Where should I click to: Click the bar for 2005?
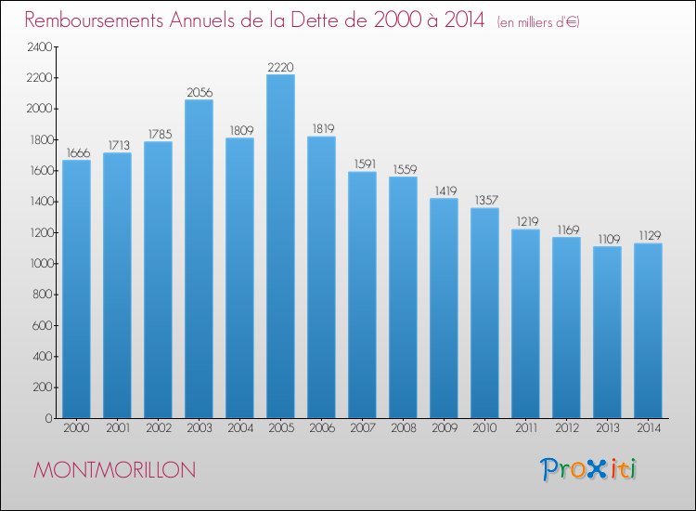pyautogui.click(x=280, y=246)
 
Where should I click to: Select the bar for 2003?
pyautogui.click(x=199, y=258)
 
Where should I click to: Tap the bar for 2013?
pyautogui.click(x=607, y=333)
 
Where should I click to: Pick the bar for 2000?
pyautogui.click(x=76, y=289)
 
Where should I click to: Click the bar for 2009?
pyautogui.click(x=444, y=308)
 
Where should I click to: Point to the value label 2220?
pyautogui.click(x=280, y=67)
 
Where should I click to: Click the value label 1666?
pyautogui.click(x=78, y=153)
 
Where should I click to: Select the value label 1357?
pyautogui.click(x=486, y=201)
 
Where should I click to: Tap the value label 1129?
pyautogui.click(x=650, y=235)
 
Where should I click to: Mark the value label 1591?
pyautogui.click(x=365, y=164)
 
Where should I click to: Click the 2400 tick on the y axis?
pyautogui.click(x=40, y=47)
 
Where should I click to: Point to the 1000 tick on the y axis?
pyautogui.click(x=41, y=264)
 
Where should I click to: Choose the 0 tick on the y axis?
pyautogui.click(x=49, y=419)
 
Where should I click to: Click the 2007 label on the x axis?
pyautogui.click(x=363, y=428)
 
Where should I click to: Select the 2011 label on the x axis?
pyautogui.click(x=526, y=428)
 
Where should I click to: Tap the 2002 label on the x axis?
pyautogui.click(x=159, y=428)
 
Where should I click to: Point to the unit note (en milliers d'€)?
pyautogui.click(x=538, y=22)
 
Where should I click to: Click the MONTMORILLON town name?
pyautogui.click(x=114, y=470)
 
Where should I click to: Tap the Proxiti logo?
pyautogui.click(x=588, y=469)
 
